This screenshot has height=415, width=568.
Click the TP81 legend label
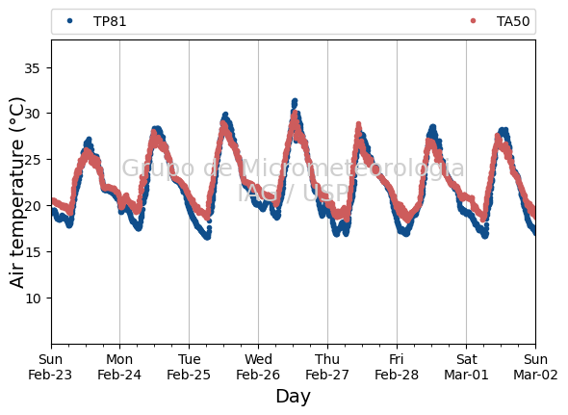click(x=110, y=22)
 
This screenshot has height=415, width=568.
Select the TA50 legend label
click(x=513, y=22)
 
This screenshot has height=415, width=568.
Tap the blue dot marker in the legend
click(x=70, y=21)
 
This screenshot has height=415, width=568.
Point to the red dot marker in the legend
click(x=473, y=21)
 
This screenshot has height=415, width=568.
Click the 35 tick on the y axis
click(x=32, y=68)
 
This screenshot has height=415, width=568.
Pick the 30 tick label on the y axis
click(x=32, y=114)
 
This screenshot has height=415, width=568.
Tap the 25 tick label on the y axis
click(x=32, y=160)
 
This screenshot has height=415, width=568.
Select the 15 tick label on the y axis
click(x=32, y=252)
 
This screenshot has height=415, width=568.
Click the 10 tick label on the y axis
click(x=32, y=298)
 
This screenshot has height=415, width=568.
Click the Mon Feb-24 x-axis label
click(x=119, y=367)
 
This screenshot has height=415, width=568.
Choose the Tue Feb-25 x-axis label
click(x=189, y=367)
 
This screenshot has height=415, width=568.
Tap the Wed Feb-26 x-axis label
click(x=258, y=367)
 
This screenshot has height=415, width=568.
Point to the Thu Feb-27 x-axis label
click(x=327, y=367)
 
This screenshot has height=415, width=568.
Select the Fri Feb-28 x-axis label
click(x=397, y=367)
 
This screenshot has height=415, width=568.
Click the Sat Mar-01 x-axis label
click(x=466, y=367)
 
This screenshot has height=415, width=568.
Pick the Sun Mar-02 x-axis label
click(x=535, y=367)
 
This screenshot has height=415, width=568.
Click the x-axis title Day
click(x=293, y=397)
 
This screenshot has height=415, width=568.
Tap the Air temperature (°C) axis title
click(x=16, y=193)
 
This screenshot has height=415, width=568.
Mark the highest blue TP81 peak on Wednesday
click(x=295, y=101)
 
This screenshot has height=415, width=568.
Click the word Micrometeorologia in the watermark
click(x=352, y=169)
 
